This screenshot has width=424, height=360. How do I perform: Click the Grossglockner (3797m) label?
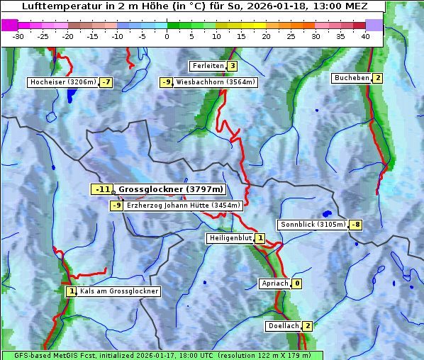(170, 189)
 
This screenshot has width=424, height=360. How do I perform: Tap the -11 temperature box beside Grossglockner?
(102, 189)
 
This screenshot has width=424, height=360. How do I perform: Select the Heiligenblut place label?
(230, 238)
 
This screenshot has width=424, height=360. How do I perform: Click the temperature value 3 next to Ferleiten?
(232, 66)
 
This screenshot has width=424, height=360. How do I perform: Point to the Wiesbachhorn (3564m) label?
(216, 82)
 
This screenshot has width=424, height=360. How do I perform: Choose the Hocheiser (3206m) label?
(62, 82)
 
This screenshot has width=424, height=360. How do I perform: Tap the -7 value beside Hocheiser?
(106, 82)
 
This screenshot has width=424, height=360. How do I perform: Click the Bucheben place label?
(352, 77)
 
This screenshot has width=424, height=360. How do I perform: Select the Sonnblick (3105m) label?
(313, 225)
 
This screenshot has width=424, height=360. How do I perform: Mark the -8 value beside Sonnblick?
(356, 225)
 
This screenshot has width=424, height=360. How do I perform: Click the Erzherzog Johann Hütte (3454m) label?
(184, 206)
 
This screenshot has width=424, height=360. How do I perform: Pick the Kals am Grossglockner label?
(119, 291)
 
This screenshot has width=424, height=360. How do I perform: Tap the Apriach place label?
(275, 283)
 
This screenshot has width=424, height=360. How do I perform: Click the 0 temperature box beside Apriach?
(297, 283)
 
